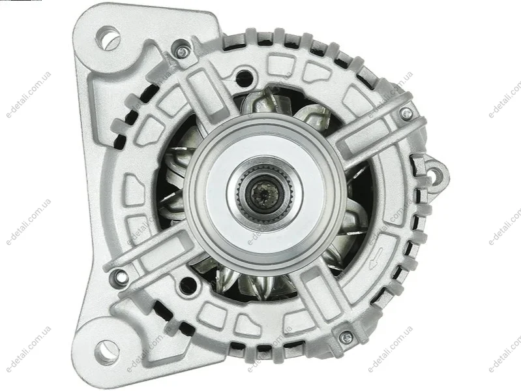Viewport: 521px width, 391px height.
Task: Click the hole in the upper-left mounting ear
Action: [108, 38]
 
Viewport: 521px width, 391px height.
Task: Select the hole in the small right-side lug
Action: [436, 174]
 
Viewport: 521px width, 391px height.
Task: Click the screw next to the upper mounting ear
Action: [181, 51]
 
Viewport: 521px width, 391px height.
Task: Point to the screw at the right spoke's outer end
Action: [406, 114]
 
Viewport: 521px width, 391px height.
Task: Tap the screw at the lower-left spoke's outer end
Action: [119, 275]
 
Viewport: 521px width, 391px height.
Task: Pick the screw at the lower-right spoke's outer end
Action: [346, 337]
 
